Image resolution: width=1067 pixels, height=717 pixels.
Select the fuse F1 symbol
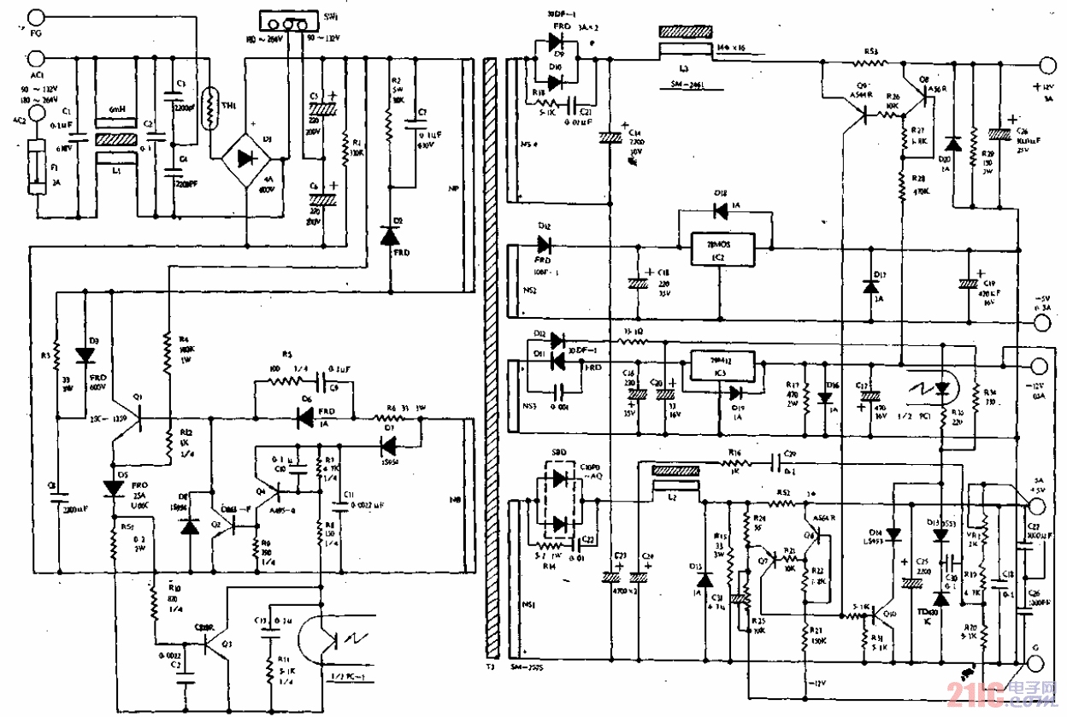pos(35,170)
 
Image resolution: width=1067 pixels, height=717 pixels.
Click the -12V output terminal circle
pos(1038,367)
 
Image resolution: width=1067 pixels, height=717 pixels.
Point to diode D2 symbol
pos(390,235)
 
